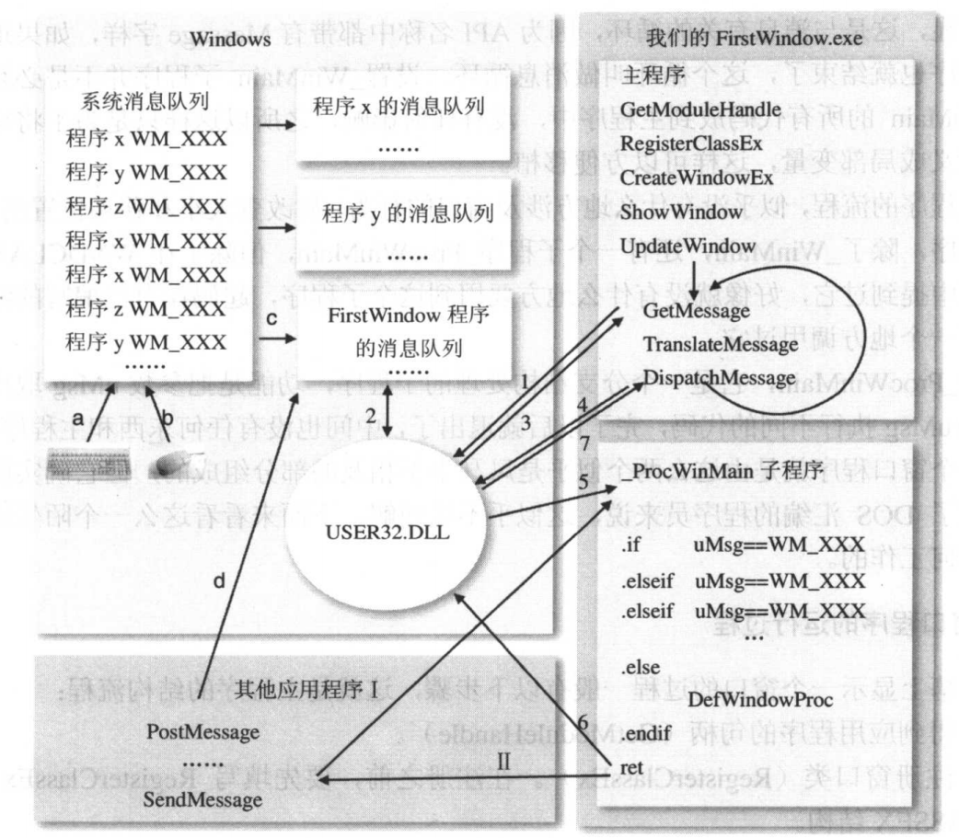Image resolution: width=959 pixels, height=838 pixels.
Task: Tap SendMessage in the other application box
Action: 204,801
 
